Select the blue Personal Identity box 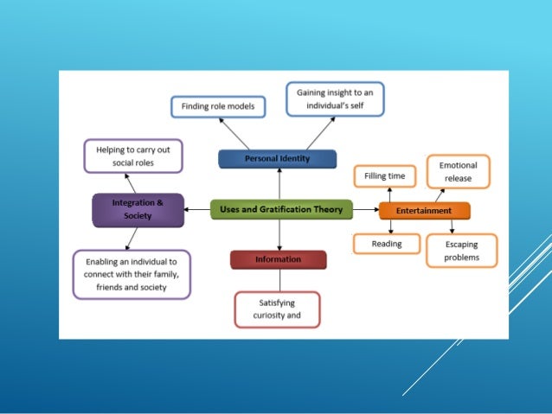(277, 159)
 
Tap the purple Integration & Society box (138, 210)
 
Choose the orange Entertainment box (424, 210)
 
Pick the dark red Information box (278, 259)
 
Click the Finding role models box (217, 106)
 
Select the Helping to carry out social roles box (133, 156)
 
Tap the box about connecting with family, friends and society (132, 274)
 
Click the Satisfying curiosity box (277, 309)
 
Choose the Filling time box (385, 176)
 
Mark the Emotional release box (458, 171)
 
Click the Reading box (387, 244)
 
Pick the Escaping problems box (462, 251)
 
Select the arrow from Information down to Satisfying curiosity (279, 280)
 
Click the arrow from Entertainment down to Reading (391, 226)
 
